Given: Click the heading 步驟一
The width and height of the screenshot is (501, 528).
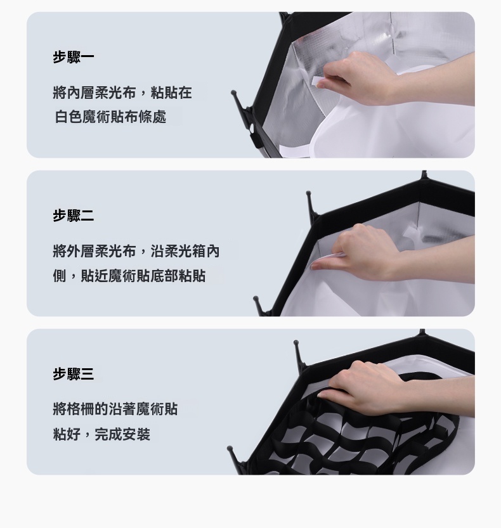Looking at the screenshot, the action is coord(73,57).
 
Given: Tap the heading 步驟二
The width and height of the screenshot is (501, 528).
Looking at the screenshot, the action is coord(73,216).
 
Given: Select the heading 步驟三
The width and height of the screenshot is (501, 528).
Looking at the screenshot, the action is coord(73,374).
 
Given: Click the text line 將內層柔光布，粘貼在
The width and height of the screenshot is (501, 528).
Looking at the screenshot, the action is coord(122,93).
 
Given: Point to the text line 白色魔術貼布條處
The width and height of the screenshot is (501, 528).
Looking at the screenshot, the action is coord(110,117).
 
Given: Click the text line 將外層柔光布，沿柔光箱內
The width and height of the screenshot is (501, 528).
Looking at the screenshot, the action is coord(136,251).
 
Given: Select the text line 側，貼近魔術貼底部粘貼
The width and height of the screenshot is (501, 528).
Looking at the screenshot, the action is coord(129,276).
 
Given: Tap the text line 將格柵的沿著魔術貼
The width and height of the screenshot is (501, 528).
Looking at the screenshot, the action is coord(115,409).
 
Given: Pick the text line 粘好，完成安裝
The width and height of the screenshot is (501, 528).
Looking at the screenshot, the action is coord(101,434).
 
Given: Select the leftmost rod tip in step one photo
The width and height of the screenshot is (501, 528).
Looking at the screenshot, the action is coord(233,92).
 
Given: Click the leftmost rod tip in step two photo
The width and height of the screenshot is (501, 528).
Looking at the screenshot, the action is coord(256,299).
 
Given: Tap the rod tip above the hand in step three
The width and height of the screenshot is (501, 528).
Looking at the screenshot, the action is coord(296,342).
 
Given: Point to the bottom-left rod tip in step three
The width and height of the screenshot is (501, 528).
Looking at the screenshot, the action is coord(230,449).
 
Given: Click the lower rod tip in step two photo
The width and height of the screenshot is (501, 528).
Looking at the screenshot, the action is coord(256,299).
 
